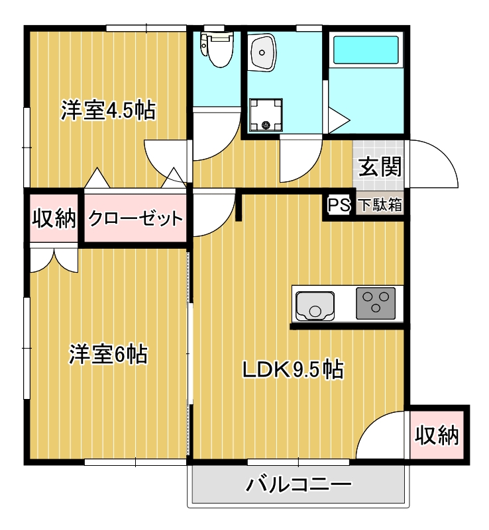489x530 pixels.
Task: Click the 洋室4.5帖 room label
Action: pos(108,110)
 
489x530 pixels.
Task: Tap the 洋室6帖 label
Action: pos(108,355)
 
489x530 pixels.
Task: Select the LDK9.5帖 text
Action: pos(292,369)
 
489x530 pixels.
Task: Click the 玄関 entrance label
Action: pos(380,167)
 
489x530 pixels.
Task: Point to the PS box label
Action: pos(339,205)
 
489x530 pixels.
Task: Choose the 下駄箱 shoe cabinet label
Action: pos(380,205)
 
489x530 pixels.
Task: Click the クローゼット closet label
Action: pos(135,218)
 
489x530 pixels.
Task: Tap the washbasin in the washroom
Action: pos(264,53)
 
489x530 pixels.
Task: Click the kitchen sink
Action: pos(315,304)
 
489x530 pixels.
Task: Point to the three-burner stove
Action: pos(376,304)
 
